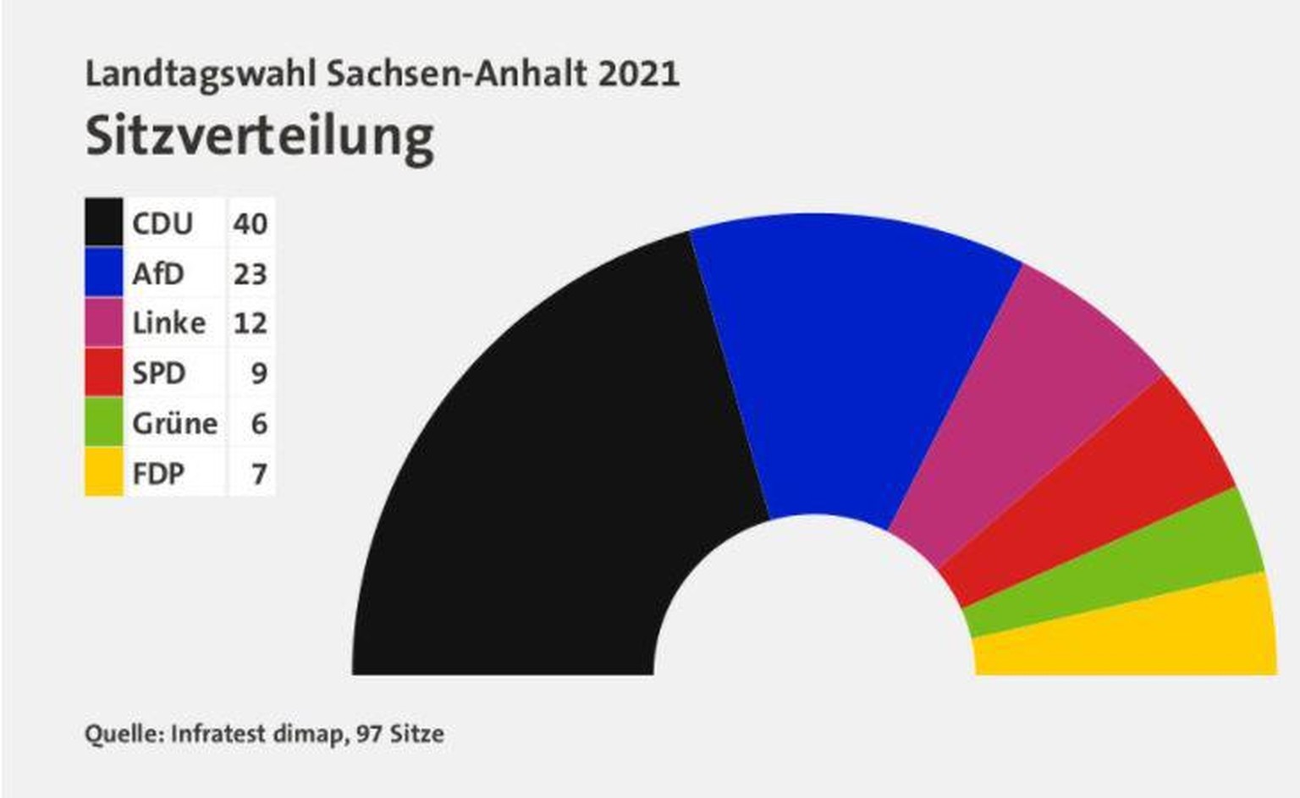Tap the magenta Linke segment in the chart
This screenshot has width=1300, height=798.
(1016, 406)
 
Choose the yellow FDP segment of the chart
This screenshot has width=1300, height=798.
(1134, 635)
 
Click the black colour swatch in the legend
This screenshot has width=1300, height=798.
(104, 223)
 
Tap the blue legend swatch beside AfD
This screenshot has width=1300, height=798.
(104, 272)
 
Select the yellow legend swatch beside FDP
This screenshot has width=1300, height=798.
(104, 472)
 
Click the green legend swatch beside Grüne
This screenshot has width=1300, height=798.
(104, 422)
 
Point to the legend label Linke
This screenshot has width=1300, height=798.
(169, 323)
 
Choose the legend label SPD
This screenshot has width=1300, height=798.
(159, 373)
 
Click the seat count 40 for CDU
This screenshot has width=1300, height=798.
(251, 223)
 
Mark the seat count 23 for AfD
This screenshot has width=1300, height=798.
(251, 273)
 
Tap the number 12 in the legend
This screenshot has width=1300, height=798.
(251, 323)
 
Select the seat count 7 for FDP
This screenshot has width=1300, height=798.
(259, 473)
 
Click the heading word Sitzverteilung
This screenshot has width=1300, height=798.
(260, 136)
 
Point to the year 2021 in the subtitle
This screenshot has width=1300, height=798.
(639, 74)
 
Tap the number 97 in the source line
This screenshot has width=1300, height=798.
(369, 733)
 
